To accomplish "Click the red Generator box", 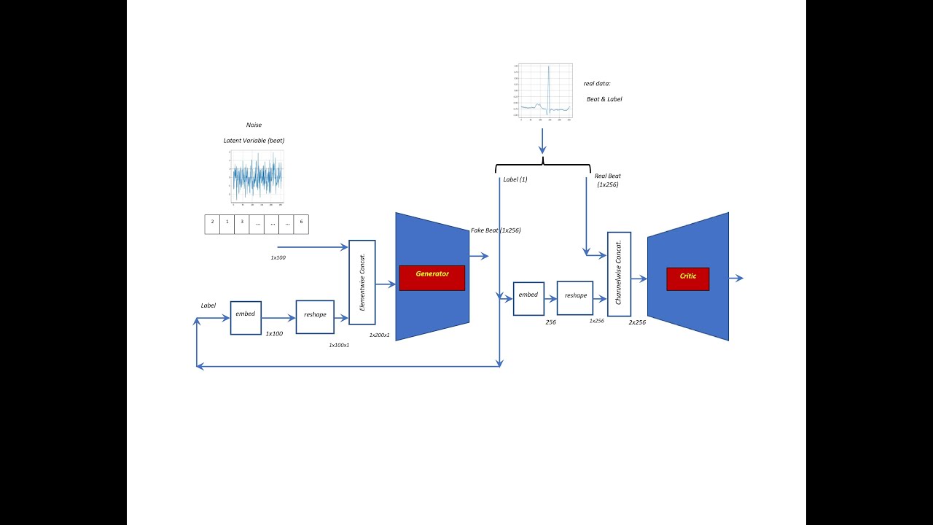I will [x=432, y=278].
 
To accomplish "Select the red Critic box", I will [x=687, y=279].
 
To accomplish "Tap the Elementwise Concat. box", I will [x=362, y=282].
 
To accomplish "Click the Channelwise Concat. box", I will [x=619, y=274].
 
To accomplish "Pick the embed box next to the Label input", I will [x=246, y=318].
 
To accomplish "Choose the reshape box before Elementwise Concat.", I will [x=315, y=317].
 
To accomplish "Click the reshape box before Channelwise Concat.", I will [x=575, y=298].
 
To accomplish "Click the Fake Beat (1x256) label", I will [x=496, y=230].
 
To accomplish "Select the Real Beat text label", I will [x=607, y=180].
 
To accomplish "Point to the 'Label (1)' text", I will [x=515, y=179].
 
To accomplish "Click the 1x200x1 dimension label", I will [x=379, y=335].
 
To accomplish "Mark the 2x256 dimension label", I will [x=637, y=322].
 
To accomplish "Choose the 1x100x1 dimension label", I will [x=339, y=345].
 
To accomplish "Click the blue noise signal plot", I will [x=257, y=177].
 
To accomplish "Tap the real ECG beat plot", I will [x=542, y=91].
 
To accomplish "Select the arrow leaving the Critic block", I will [x=735, y=278].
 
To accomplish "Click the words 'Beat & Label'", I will [x=604, y=99].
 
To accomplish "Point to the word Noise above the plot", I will [x=254, y=125].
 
